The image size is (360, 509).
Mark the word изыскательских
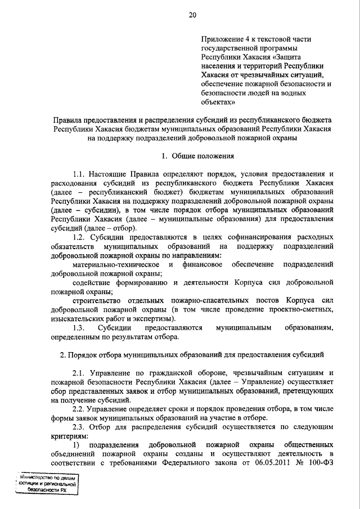[76, 318]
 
